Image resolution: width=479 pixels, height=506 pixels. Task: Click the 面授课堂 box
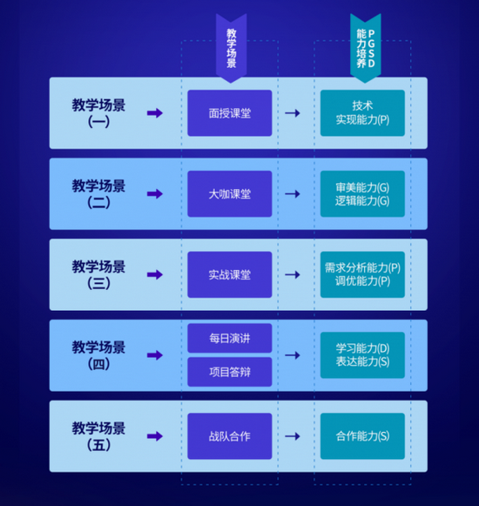(230, 113)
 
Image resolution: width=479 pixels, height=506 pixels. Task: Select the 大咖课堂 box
(230, 193)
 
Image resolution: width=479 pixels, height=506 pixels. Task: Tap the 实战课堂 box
(230, 274)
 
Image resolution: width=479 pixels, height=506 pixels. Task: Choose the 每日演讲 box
(230, 338)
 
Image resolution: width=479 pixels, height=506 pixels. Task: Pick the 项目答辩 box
(230, 372)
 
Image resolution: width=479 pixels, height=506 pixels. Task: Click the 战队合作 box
(230, 435)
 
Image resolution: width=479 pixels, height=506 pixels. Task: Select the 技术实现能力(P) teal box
(362, 113)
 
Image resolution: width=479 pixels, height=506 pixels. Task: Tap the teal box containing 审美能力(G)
(362, 193)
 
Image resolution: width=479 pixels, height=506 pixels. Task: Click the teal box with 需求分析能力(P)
(362, 274)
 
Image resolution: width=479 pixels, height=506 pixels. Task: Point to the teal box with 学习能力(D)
(362, 354)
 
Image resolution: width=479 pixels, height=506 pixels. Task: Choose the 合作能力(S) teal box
(362, 435)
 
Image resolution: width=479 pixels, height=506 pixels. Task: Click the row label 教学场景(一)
(98, 113)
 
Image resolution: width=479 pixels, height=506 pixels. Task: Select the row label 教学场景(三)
(98, 274)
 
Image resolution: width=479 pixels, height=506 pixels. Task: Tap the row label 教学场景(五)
(98, 435)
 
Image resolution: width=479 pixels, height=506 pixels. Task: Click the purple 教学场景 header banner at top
(231, 45)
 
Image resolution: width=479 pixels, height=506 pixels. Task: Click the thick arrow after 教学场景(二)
(154, 193)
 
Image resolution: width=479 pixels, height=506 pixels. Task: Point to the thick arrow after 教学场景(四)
(154, 355)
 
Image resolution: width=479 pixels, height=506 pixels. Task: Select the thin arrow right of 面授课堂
(293, 113)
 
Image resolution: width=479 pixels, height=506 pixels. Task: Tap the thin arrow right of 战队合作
(293, 435)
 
